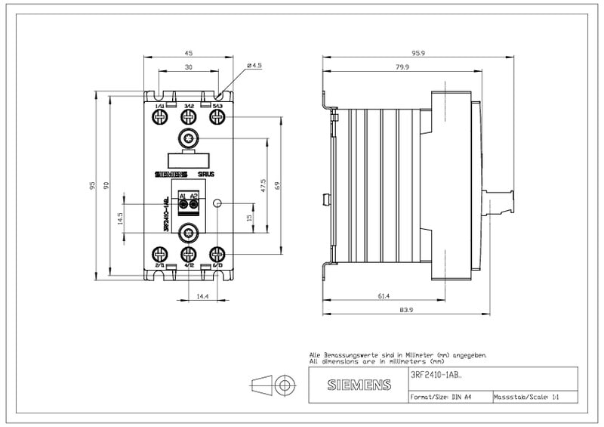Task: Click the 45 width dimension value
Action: tap(189, 54)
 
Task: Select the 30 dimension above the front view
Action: tap(189, 67)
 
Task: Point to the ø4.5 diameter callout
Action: tap(254, 67)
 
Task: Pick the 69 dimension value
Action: tap(278, 184)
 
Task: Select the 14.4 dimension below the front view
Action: tap(202, 296)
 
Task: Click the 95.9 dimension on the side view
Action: tap(418, 54)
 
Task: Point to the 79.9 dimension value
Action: tap(401, 67)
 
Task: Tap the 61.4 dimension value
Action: tap(383, 296)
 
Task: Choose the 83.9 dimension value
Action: tap(405, 310)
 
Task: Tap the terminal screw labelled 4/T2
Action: tap(189, 254)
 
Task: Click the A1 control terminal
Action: tap(183, 203)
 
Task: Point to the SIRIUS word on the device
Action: tap(206, 174)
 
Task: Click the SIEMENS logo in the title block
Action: tap(359, 385)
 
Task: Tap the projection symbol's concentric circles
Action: tap(285, 385)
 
